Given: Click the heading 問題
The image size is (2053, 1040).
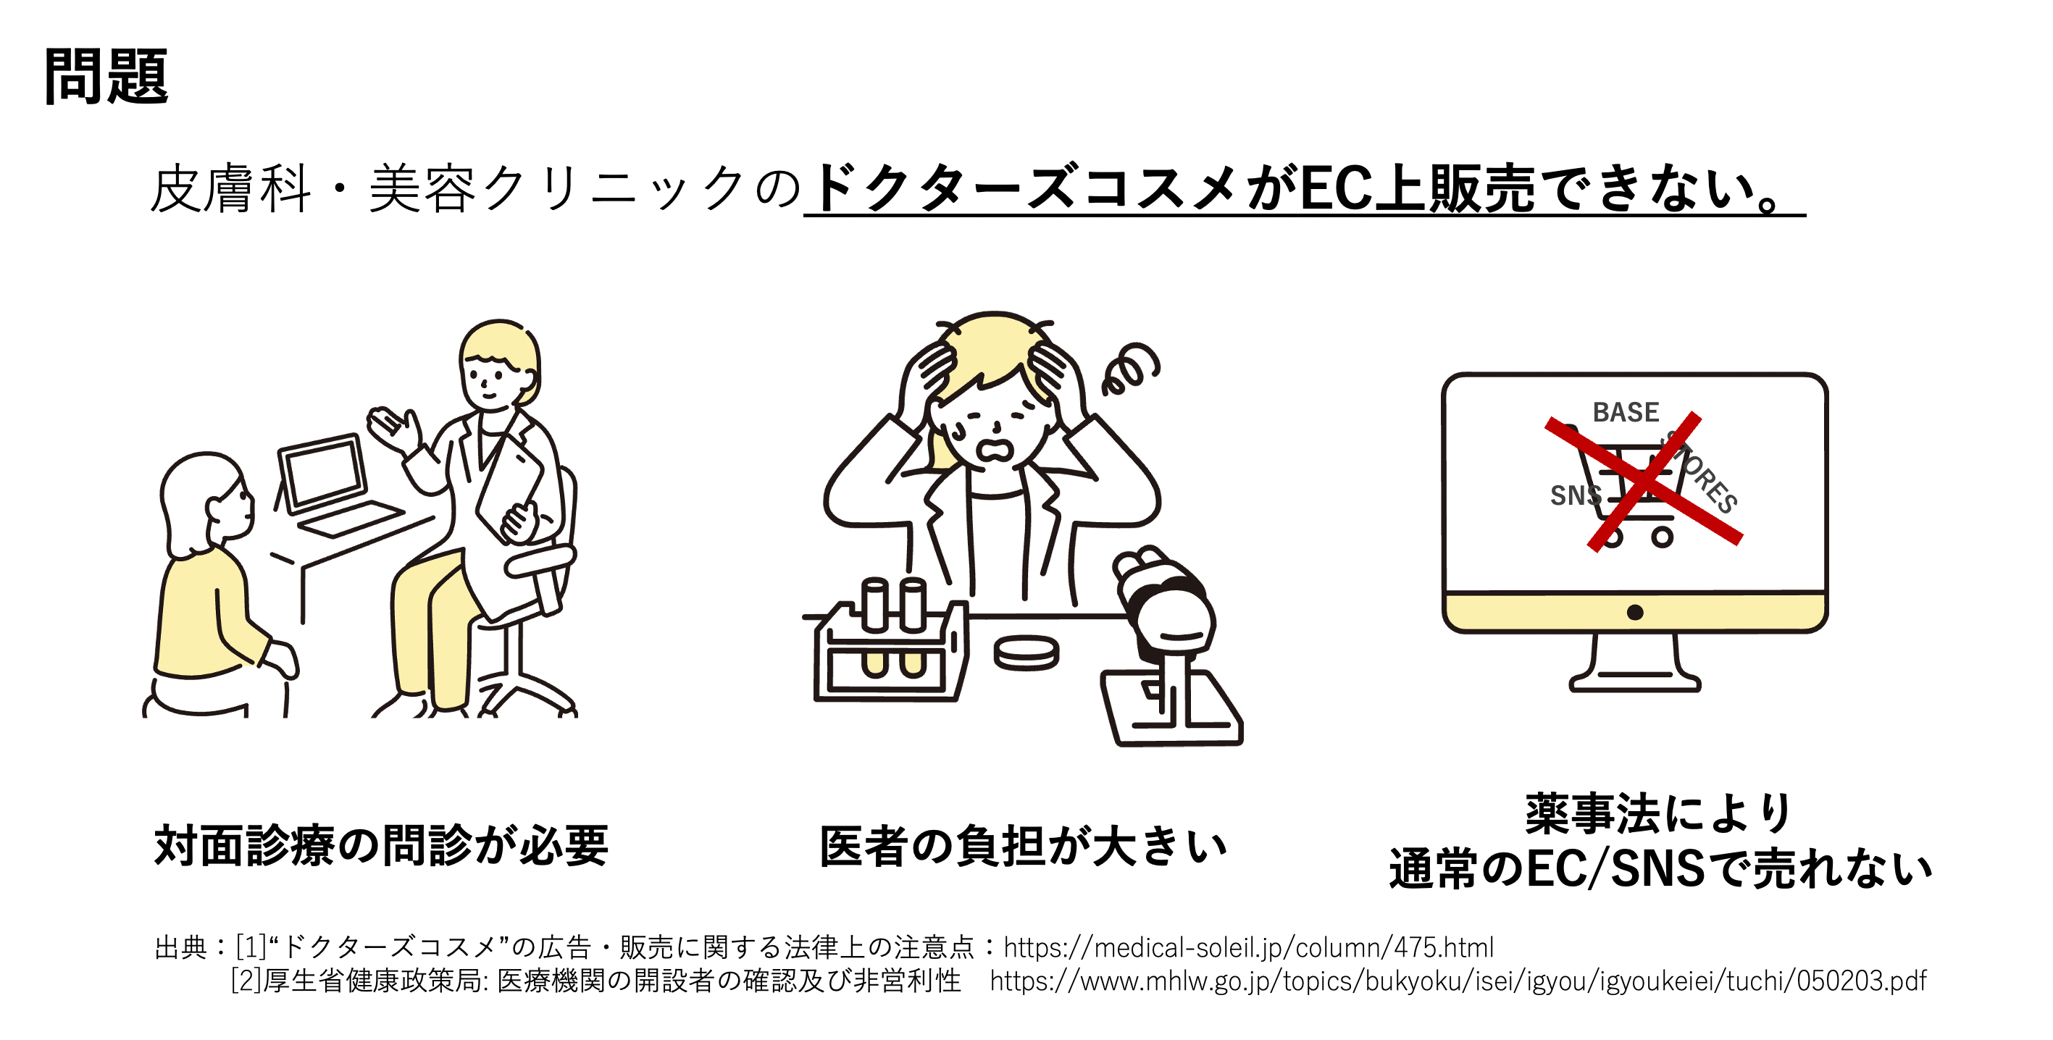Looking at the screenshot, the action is pos(106,77).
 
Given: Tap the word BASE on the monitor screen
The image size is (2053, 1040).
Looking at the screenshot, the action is pos(1626,412).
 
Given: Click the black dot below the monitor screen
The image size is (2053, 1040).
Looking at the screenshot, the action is pos(1634,612).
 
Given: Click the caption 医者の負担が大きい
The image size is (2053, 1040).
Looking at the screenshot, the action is pos(1024,846).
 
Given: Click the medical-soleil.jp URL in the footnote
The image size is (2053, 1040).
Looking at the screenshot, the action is pos(1248,947).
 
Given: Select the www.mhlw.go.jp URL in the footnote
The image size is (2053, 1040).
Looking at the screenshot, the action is pos(1458,980).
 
